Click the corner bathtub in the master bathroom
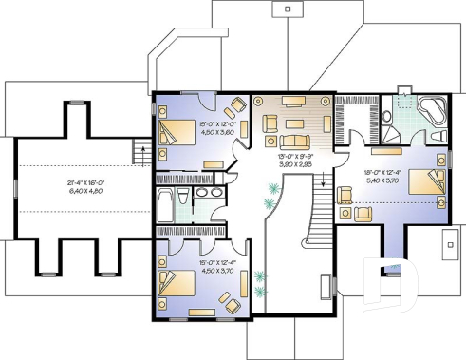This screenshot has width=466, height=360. pyautogui.click(x=432, y=111)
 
